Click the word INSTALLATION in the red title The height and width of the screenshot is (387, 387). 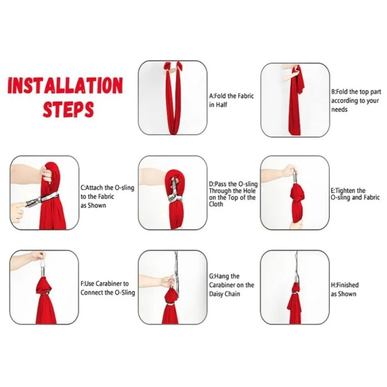65,86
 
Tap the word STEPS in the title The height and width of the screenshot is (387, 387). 68,109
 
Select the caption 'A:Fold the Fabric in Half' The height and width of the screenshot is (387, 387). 231,100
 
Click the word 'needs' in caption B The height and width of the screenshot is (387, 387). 339,109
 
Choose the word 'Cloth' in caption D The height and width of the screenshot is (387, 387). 216,204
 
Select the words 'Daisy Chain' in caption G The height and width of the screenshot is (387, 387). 224,294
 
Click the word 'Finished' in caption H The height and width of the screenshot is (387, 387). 347,285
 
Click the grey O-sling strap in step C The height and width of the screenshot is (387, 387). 42,199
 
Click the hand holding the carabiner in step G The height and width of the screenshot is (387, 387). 167,281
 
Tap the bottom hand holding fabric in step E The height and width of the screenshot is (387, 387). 297,224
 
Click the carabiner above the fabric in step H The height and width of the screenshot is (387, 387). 296,277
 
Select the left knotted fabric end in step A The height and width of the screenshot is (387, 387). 168,66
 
